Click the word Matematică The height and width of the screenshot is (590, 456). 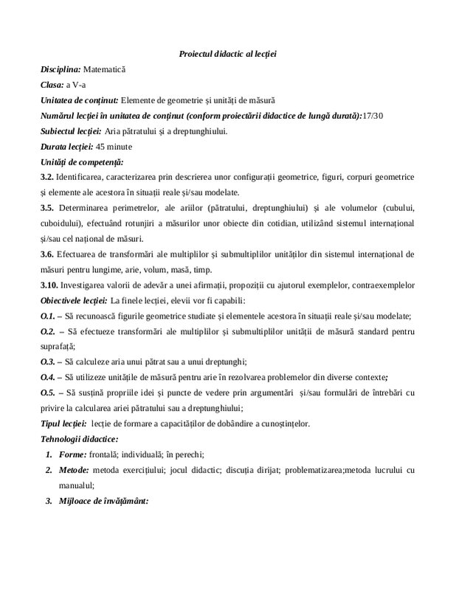point(105,69)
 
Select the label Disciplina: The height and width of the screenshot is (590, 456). point(61,69)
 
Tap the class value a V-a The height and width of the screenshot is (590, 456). point(77,85)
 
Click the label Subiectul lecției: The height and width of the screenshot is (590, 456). point(71,131)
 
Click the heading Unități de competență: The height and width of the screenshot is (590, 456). point(82,162)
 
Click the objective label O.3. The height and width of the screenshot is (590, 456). point(49,362)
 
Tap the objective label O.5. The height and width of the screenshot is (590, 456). point(49,393)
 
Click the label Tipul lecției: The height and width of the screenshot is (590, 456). point(62,424)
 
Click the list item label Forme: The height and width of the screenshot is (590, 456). point(73,454)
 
